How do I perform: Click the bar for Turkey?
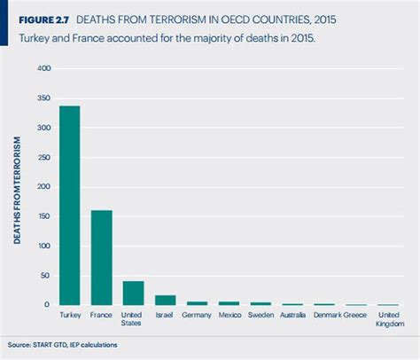[x=68, y=206]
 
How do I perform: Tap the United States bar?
[x=133, y=293]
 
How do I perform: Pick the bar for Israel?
[x=165, y=300]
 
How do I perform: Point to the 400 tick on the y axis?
[x=44, y=68]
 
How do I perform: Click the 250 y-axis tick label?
[x=44, y=157]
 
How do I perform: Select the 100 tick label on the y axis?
[x=44, y=246]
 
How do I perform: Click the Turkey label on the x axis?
[x=68, y=314]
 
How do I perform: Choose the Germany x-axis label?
[x=198, y=314]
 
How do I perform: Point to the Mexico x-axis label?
[x=229, y=314]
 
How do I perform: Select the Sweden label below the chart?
[x=261, y=314]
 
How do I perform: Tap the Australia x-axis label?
[x=293, y=314]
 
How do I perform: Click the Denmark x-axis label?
[x=325, y=314]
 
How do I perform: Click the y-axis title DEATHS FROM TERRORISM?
[x=17, y=187]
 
